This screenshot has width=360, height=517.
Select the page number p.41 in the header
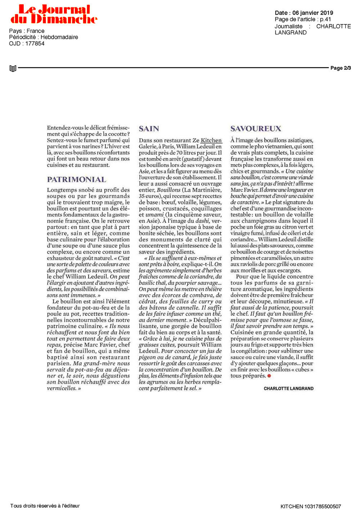[325, 19]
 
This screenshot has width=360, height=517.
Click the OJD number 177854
[35, 44]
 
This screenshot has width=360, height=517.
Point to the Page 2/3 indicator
[341, 68]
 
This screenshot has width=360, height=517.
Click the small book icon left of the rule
[13, 68]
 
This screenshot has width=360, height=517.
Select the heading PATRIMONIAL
[77, 180]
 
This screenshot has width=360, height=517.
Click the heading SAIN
[149, 129]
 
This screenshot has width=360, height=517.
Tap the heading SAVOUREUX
[256, 129]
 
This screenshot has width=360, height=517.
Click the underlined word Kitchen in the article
[211, 140]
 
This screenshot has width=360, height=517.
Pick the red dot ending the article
[269, 376]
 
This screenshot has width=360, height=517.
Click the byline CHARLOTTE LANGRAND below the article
[288, 388]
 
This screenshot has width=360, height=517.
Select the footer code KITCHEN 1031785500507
[311, 507]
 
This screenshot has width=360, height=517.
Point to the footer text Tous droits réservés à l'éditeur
[45, 506]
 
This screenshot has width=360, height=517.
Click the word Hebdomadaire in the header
[59, 37]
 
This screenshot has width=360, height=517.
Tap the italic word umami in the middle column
[154, 215]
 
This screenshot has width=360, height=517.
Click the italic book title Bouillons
[168, 190]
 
